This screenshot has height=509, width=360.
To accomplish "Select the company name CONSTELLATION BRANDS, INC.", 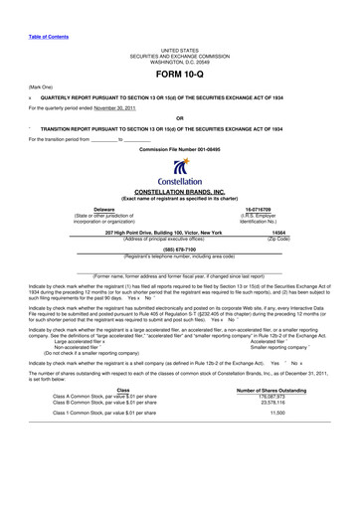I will point(180,192).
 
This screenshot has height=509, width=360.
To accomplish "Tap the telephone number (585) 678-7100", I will point(180,251).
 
